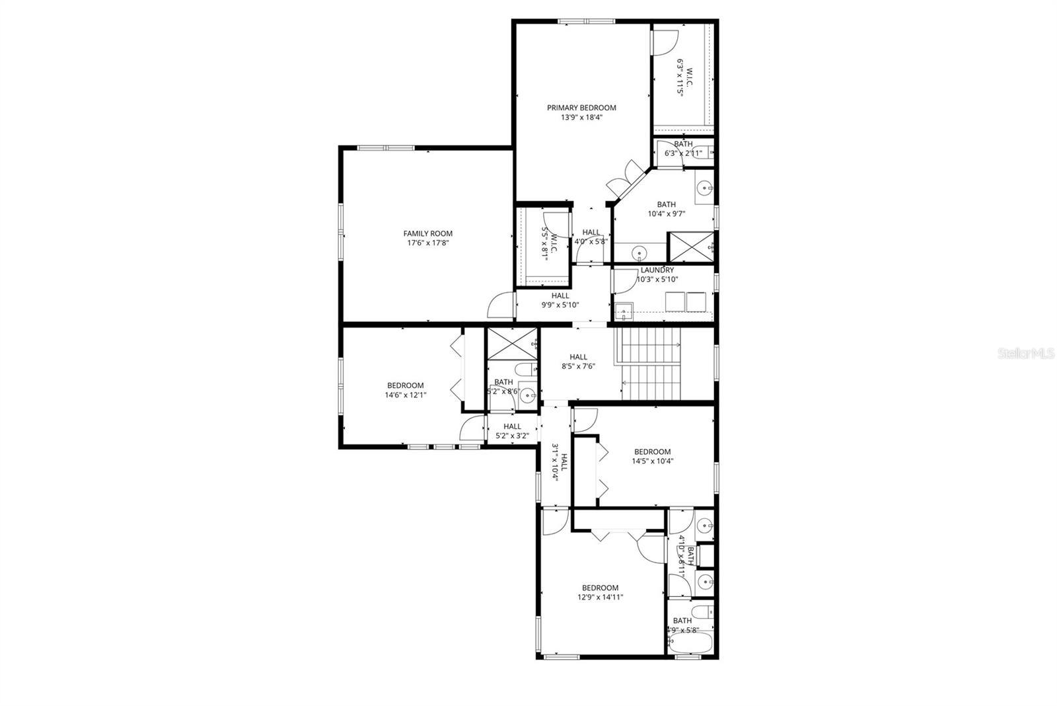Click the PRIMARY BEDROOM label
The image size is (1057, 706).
point(581,108)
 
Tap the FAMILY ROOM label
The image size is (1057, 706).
point(428,233)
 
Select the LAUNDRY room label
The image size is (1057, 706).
point(657,270)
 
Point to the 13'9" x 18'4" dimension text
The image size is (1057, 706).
point(581,118)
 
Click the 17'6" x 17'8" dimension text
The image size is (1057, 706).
point(428,243)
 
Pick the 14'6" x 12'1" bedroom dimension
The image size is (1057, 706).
point(405,395)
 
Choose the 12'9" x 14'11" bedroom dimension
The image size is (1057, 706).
point(600,598)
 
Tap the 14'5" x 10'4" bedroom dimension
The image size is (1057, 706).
point(652,462)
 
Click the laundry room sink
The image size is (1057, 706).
point(623,311)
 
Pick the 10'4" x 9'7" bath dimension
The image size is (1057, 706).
point(666,214)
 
